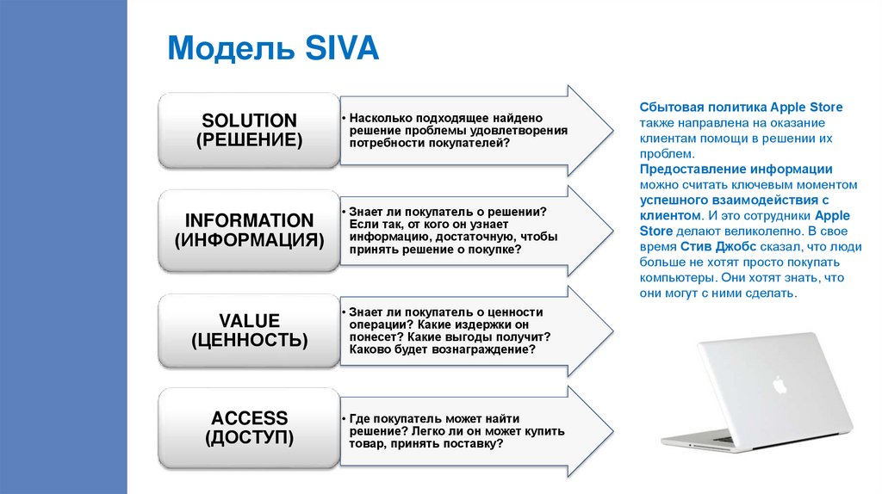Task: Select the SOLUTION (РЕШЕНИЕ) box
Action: (x=249, y=129)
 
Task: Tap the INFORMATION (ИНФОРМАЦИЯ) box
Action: (x=249, y=230)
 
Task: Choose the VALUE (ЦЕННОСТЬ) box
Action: (x=249, y=330)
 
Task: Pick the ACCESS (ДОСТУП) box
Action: (x=249, y=428)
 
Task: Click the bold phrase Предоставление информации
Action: (x=736, y=170)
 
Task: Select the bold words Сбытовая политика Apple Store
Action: (x=740, y=107)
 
